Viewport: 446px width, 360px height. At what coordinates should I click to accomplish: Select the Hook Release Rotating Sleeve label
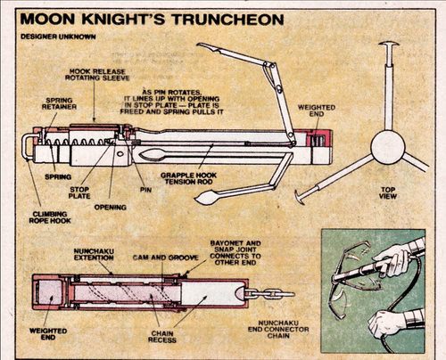93,77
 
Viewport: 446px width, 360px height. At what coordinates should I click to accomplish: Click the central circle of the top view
388,147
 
